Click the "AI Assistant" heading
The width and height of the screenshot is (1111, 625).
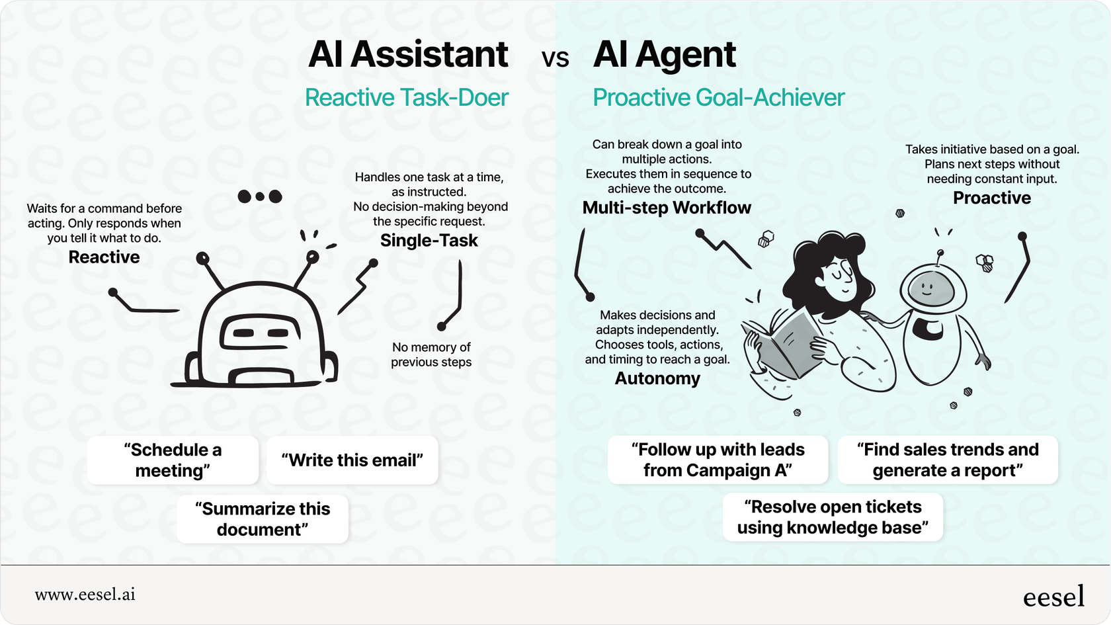pyautogui.click(x=408, y=54)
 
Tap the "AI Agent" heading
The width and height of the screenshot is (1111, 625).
pyautogui.click(x=664, y=54)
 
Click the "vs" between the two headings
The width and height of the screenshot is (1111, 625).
pyautogui.click(x=555, y=59)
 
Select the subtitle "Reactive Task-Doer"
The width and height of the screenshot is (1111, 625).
pyautogui.click(x=406, y=98)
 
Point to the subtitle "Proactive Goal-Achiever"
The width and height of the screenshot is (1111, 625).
pyautogui.click(x=718, y=98)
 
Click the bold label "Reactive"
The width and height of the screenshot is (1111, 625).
pyautogui.click(x=104, y=257)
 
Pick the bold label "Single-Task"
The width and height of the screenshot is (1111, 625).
pyautogui.click(x=429, y=241)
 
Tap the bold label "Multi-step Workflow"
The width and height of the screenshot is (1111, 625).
pyautogui.click(x=667, y=208)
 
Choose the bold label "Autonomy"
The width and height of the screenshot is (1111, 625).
pyautogui.click(x=657, y=378)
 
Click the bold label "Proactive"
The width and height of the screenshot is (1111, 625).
pyautogui.click(x=991, y=198)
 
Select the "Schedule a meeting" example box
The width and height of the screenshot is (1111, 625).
pyautogui.click(x=173, y=460)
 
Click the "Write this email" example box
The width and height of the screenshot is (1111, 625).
pyautogui.click(x=352, y=460)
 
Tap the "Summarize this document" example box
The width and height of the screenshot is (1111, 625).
pyautogui.click(x=263, y=519)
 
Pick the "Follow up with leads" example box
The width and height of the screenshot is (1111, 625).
pyautogui.click(x=718, y=460)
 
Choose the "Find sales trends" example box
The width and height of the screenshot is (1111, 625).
pyautogui.click(x=948, y=460)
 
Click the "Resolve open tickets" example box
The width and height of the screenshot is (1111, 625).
pyautogui.click(x=833, y=517)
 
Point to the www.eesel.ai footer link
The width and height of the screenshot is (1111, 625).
pyautogui.click(x=85, y=595)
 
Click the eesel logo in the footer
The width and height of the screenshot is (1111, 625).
pyautogui.click(x=1053, y=597)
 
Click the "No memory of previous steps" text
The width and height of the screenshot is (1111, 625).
pyautogui.click(x=431, y=354)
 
